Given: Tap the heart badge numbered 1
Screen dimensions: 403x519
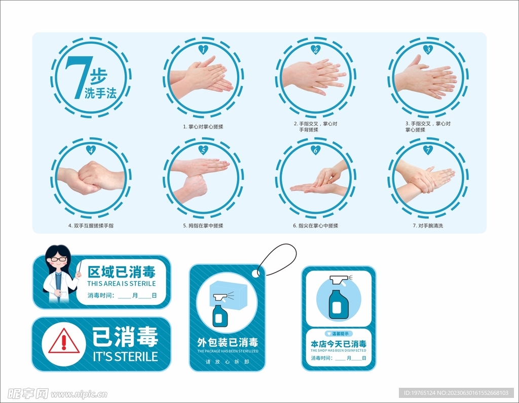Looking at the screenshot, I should click(x=203, y=49).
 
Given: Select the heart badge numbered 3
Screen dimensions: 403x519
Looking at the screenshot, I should click(x=427, y=49).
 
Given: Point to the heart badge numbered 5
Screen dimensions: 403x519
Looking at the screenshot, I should click(x=203, y=150).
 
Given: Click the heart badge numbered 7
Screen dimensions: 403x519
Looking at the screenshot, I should click(x=427, y=150).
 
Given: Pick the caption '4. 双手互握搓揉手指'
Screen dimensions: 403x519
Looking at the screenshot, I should click(x=91, y=226).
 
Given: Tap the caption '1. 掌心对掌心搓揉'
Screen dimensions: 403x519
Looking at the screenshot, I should click(x=203, y=127).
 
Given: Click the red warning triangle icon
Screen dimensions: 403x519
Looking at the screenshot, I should click(x=63, y=341).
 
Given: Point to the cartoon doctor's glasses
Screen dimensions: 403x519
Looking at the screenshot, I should click(x=59, y=259).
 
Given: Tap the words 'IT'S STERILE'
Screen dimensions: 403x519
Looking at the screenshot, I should click(x=125, y=356).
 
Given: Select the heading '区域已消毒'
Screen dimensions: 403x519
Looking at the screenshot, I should click(x=121, y=272).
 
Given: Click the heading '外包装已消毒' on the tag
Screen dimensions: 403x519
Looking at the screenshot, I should click(x=227, y=343).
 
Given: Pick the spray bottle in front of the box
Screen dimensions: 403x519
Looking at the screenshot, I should click(x=220, y=311).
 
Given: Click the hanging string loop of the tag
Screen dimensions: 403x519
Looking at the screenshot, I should click(x=278, y=259).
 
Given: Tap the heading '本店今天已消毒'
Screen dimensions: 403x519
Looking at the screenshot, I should click(x=339, y=344).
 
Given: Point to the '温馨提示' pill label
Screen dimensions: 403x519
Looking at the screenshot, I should click(x=339, y=333).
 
